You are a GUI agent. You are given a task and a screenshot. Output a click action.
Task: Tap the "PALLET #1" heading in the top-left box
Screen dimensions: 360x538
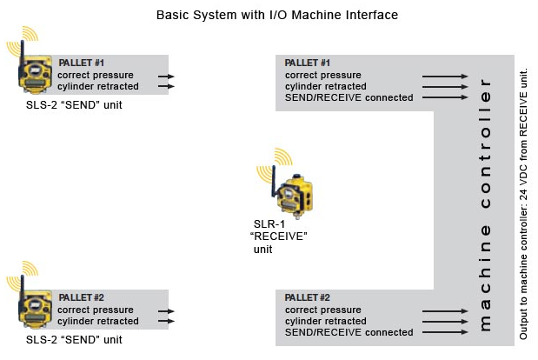[81, 63]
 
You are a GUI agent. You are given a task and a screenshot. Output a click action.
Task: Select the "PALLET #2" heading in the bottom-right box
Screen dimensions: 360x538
[308, 298]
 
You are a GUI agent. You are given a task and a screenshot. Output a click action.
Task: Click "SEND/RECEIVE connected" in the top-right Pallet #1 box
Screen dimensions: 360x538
[349, 97]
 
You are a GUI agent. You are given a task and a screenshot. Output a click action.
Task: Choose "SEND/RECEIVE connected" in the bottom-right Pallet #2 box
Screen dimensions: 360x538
[349, 332]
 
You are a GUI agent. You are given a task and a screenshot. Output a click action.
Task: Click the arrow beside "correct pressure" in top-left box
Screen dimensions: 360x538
[166, 76]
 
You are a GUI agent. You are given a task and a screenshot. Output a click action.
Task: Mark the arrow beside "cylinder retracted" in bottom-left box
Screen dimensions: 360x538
[166, 322]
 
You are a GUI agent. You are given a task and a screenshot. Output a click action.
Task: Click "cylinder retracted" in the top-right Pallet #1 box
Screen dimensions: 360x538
[326, 86]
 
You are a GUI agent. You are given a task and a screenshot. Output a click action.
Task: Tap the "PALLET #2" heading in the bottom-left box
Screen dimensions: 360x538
[81, 298]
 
